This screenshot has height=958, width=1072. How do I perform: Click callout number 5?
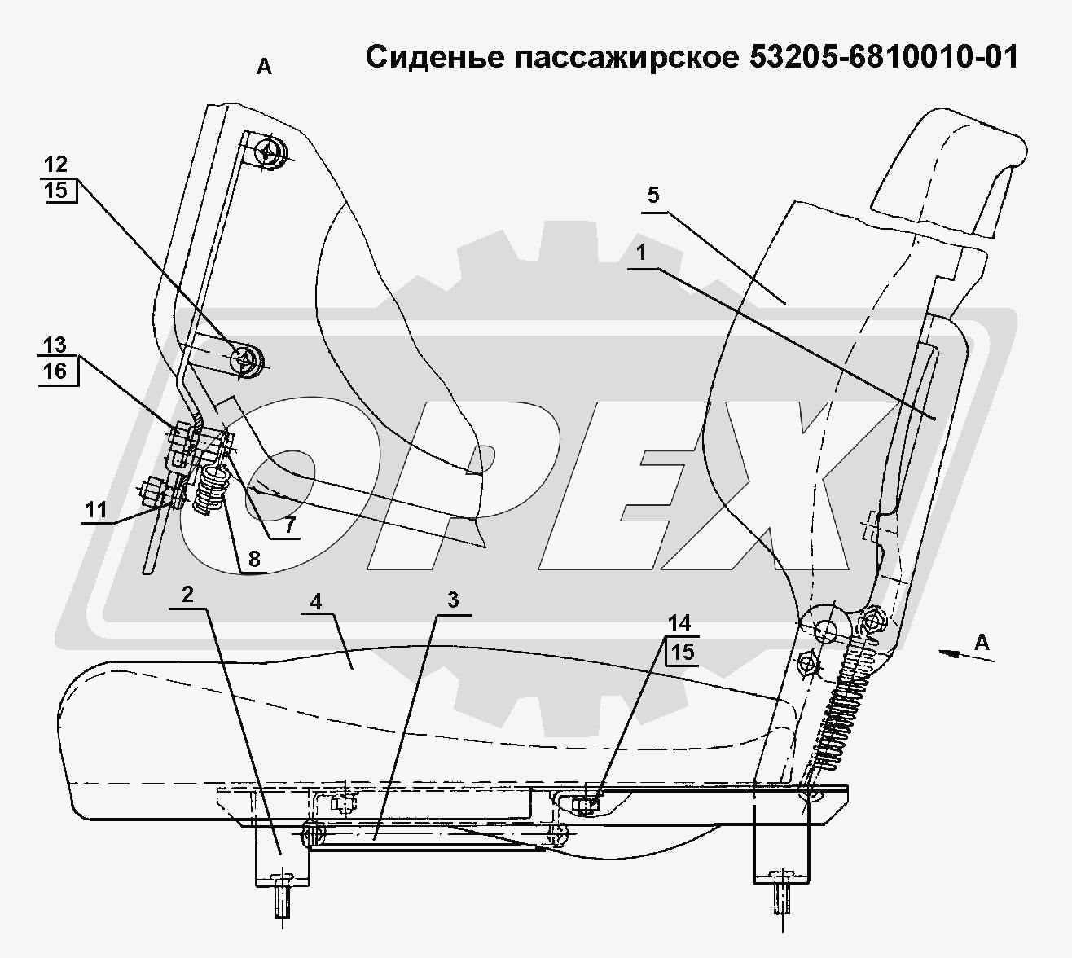point(653,196)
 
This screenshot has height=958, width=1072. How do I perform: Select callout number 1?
point(642,253)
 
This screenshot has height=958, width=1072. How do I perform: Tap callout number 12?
point(55,165)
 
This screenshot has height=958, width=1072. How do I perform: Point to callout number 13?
point(55,345)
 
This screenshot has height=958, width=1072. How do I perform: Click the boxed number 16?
point(55,371)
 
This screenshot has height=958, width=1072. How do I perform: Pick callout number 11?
point(96,510)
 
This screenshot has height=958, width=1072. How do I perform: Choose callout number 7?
point(289,525)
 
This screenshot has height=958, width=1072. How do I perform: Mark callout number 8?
point(254,559)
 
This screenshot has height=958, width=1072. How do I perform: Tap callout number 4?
point(316,602)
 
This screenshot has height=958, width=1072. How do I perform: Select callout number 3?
point(452,600)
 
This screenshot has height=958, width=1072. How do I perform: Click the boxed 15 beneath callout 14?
point(683,652)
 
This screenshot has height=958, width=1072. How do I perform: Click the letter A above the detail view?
point(264,68)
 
